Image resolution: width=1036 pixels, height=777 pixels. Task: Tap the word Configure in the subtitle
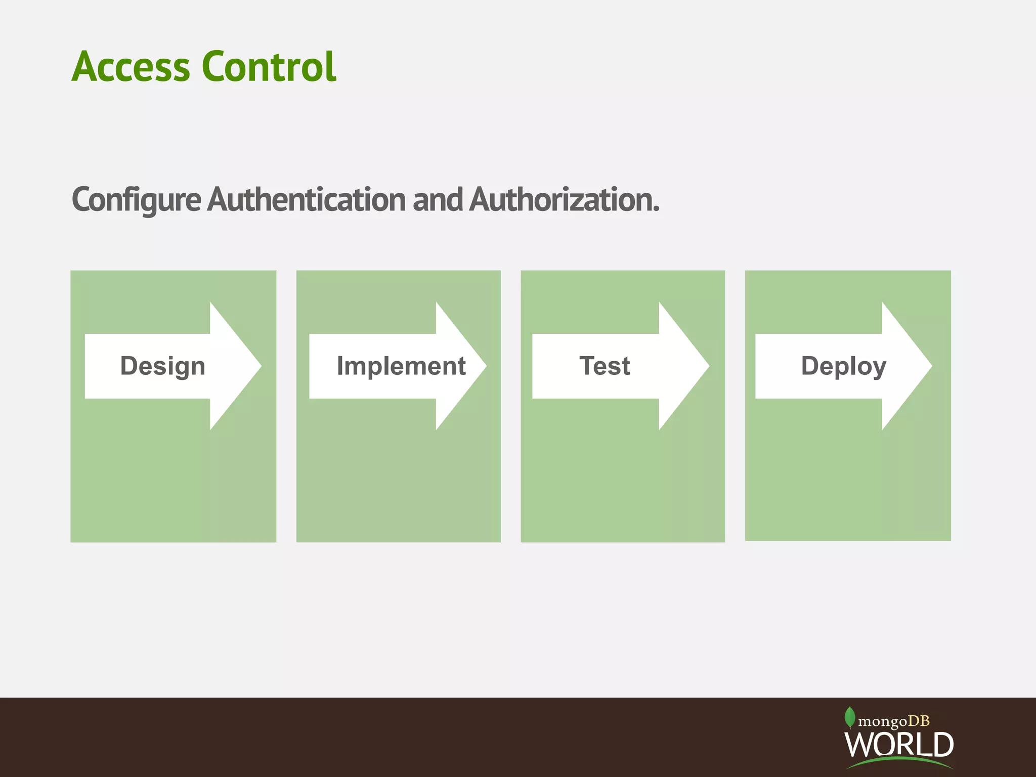[136, 200]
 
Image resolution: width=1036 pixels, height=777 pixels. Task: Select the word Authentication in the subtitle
[307, 200]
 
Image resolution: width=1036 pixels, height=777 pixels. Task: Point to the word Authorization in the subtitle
[562, 200]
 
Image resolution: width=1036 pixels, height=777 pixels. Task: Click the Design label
[163, 366]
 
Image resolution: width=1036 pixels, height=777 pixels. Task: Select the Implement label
[401, 366]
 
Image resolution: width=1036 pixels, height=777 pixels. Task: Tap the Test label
[605, 366]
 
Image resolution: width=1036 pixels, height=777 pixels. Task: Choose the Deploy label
[844, 366]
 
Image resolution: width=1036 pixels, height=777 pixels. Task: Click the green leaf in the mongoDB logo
[850, 717]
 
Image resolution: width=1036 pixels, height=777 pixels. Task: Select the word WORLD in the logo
[899, 744]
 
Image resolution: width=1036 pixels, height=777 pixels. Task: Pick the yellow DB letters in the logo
[919, 721]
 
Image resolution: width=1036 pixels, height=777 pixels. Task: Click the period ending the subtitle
[656, 210]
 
